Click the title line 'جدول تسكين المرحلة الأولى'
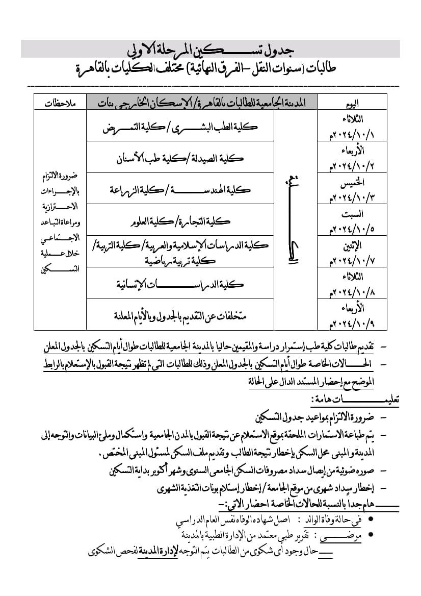point(210,50)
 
